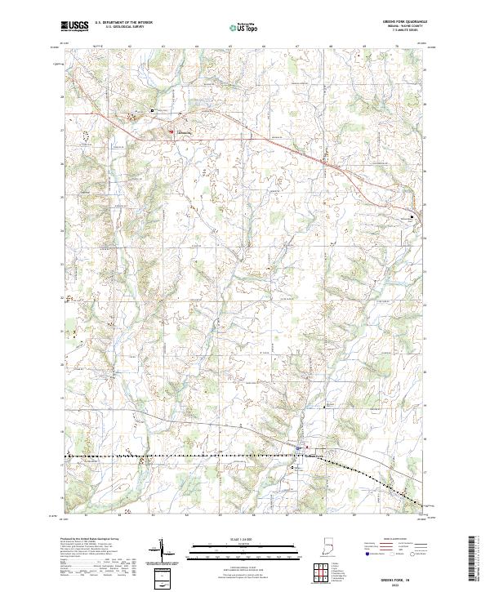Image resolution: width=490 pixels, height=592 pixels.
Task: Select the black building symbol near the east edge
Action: coord(412,216)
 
